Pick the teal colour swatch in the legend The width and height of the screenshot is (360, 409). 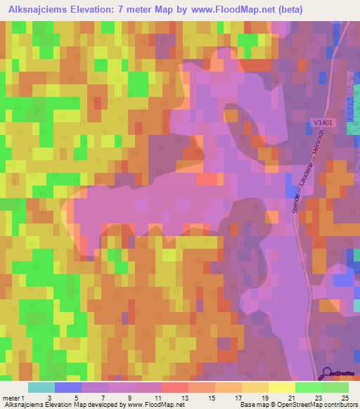[41, 387]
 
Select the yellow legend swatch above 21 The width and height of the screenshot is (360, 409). [281, 387]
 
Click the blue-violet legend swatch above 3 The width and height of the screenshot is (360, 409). [68, 387]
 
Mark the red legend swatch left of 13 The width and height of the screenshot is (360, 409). [175, 387]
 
